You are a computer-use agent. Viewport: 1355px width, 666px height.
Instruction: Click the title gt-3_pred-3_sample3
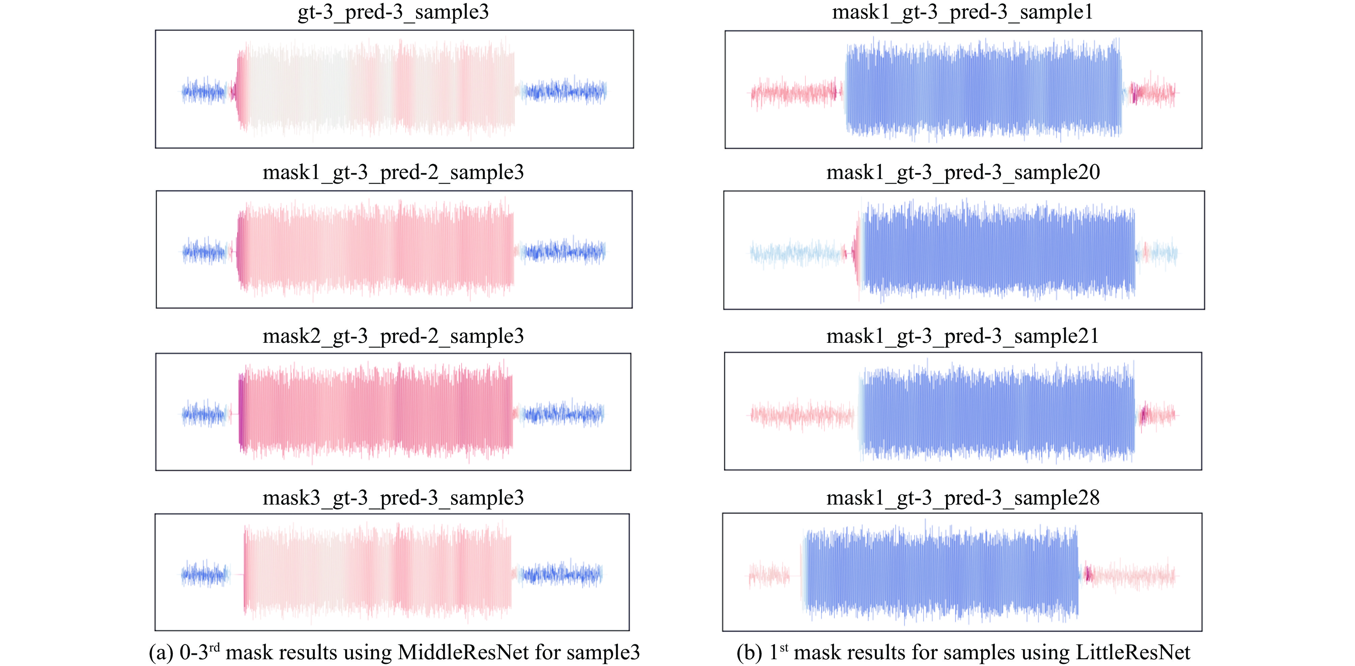tap(393, 11)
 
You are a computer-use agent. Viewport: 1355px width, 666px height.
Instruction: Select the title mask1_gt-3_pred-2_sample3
tap(393, 172)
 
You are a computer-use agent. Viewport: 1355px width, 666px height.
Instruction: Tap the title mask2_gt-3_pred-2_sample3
tap(393, 336)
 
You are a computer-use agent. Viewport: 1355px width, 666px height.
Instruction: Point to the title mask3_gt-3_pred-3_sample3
tap(393, 497)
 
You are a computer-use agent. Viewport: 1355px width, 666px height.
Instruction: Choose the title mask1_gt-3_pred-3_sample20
tap(963, 172)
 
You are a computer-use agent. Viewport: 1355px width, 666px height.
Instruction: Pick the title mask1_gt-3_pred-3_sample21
tap(963, 336)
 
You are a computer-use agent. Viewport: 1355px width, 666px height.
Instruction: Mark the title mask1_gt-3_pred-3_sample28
tap(963, 497)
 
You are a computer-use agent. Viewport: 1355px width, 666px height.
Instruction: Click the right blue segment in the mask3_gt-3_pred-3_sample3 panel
tap(560, 574)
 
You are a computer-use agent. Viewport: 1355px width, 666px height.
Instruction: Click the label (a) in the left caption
tap(161, 652)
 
